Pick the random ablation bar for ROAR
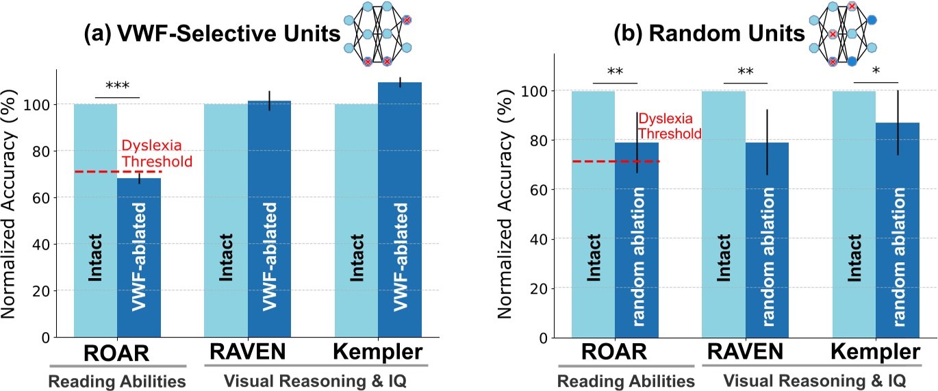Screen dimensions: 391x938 (637, 240)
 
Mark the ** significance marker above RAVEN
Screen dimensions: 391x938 (746, 73)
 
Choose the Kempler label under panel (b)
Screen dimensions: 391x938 (876, 353)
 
